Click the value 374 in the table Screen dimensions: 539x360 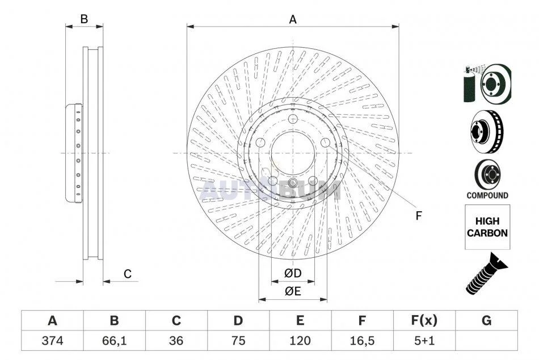52,340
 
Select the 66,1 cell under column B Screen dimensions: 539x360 114,340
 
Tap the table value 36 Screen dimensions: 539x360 176,340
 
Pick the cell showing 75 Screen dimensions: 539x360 238,340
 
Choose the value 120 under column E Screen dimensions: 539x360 300,340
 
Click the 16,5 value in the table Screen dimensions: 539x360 362,340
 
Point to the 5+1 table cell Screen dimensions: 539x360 424,340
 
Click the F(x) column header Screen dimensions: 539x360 424,320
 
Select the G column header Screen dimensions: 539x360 486,320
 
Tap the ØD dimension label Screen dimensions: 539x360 293,273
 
